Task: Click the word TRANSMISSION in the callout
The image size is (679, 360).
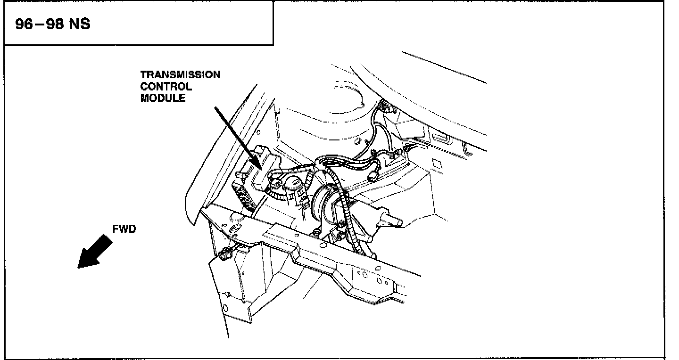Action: (180, 75)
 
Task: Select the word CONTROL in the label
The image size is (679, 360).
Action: (166, 87)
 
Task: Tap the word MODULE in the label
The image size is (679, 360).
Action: (163, 98)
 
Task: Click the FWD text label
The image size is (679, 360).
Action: (124, 229)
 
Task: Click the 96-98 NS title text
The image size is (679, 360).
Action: (53, 24)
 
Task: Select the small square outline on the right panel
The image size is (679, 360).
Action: (436, 163)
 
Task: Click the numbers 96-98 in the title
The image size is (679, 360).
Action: (41, 24)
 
